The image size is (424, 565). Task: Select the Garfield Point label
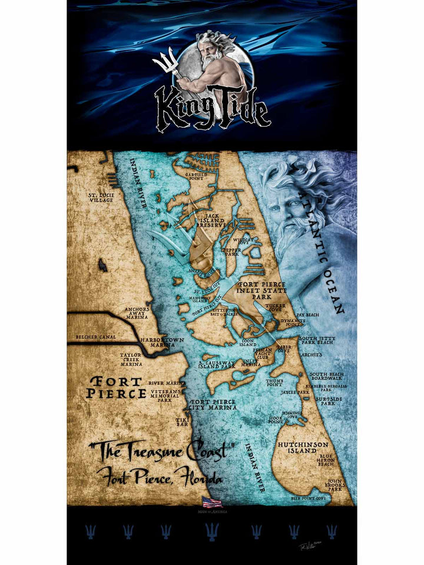(x=198, y=178)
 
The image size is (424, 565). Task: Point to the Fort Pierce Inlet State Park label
(x=261, y=290)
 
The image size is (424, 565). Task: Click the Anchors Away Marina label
(x=137, y=313)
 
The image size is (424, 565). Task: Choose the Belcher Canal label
(x=96, y=337)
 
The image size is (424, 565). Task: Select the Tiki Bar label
(x=181, y=421)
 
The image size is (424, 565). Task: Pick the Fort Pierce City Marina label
(x=213, y=404)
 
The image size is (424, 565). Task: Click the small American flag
(x=212, y=502)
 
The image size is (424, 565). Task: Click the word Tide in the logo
(x=238, y=109)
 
